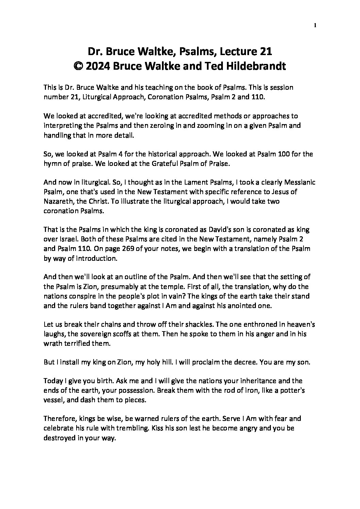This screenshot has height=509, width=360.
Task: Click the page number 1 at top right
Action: click(x=315, y=25)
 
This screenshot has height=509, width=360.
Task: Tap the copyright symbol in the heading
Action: click(x=78, y=66)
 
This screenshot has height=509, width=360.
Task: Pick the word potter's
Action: click(x=291, y=390)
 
